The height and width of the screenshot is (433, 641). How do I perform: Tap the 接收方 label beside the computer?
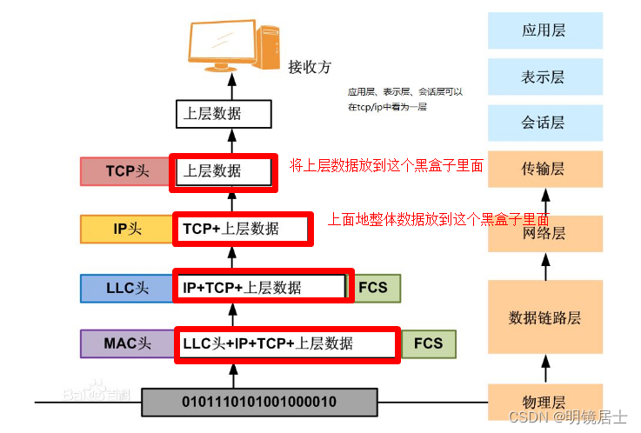[x=310, y=66]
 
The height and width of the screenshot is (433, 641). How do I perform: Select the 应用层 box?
[x=545, y=30]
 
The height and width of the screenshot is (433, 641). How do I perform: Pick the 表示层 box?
[x=545, y=77]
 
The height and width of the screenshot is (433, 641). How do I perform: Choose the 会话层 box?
[x=545, y=123]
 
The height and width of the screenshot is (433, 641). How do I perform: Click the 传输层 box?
[x=545, y=169]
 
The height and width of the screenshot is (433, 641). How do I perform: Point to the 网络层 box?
[x=545, y=233]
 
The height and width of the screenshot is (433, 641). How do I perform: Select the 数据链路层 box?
[x=545, y=317]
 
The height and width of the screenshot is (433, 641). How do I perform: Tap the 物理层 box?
[x=545, y=402]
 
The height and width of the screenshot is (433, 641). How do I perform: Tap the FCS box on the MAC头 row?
[x=428, y=343]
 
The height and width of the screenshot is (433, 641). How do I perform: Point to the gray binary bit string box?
[x=258, y=402]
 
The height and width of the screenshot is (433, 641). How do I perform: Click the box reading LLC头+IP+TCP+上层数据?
[x=287, y=343]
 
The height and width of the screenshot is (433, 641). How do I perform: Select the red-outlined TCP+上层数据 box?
[x=241, y=229]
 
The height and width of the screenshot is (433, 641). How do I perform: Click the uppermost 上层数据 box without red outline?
[x=224, y=114]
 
